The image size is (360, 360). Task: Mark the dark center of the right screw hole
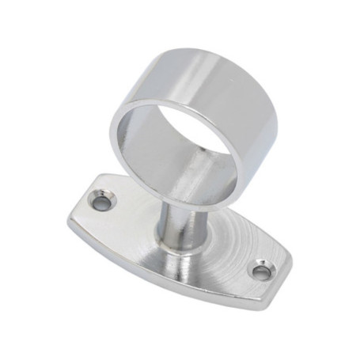(x=260, y=272)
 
